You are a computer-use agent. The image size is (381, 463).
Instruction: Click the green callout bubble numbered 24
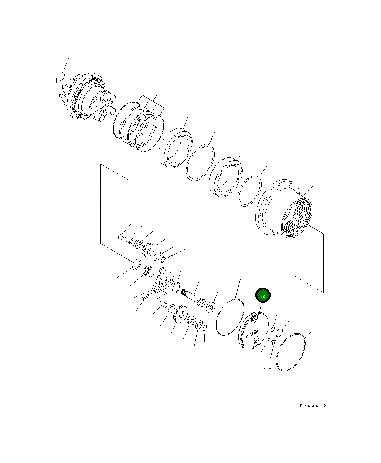coord(263,296)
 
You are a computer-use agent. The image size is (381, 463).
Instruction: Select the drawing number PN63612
coord(313,406)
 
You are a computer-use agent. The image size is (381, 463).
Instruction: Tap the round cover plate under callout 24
coord(254,331)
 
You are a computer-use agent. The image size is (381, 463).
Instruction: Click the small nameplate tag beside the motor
coord(60,78)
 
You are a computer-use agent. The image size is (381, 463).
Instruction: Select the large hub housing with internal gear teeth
coord(285,209)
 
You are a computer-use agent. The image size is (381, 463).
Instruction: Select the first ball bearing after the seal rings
coord(175,148)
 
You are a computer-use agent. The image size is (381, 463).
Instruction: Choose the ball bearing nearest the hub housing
coord(226,178)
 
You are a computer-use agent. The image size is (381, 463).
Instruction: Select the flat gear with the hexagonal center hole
coord(180,315)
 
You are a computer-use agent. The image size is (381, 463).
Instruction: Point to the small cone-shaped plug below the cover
coord(274,343)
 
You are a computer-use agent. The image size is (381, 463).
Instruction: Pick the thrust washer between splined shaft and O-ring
coord(211,307)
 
